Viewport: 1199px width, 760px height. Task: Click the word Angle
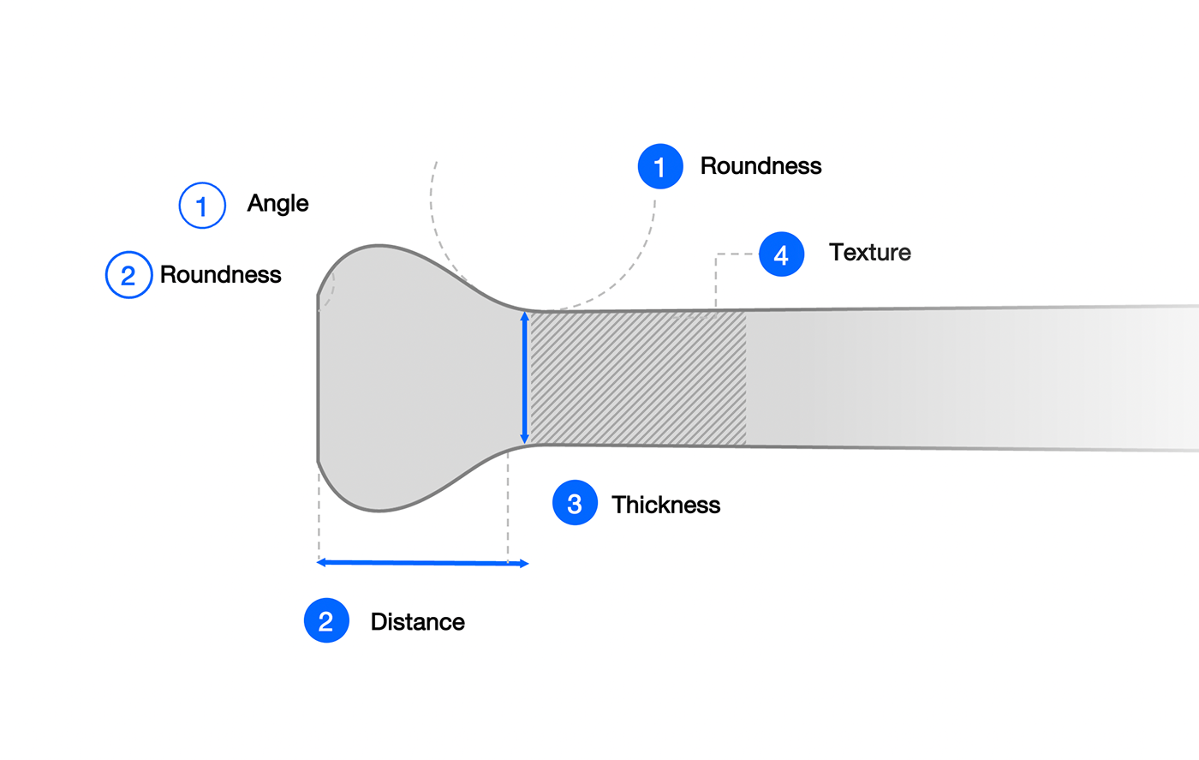[277, 204]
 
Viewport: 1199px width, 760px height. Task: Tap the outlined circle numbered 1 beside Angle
[202, 206]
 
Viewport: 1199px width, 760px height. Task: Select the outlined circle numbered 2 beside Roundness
[128, 275]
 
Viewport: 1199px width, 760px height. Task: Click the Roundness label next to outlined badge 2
[220, 275]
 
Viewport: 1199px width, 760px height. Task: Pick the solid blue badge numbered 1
[660, 166]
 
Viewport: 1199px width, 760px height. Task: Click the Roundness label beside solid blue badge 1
[761, 166]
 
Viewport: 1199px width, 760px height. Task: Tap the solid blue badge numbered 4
[781, 254]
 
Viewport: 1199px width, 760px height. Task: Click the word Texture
[869, 253]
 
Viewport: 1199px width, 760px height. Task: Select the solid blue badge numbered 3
[575, 503]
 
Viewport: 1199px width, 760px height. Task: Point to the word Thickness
[665, 505]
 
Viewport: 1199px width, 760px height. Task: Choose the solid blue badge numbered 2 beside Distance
[326, 621]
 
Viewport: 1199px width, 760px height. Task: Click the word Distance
[417, 622]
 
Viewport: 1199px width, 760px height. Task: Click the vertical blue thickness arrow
[525, 378]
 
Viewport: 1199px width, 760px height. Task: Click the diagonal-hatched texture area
[638, 378]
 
